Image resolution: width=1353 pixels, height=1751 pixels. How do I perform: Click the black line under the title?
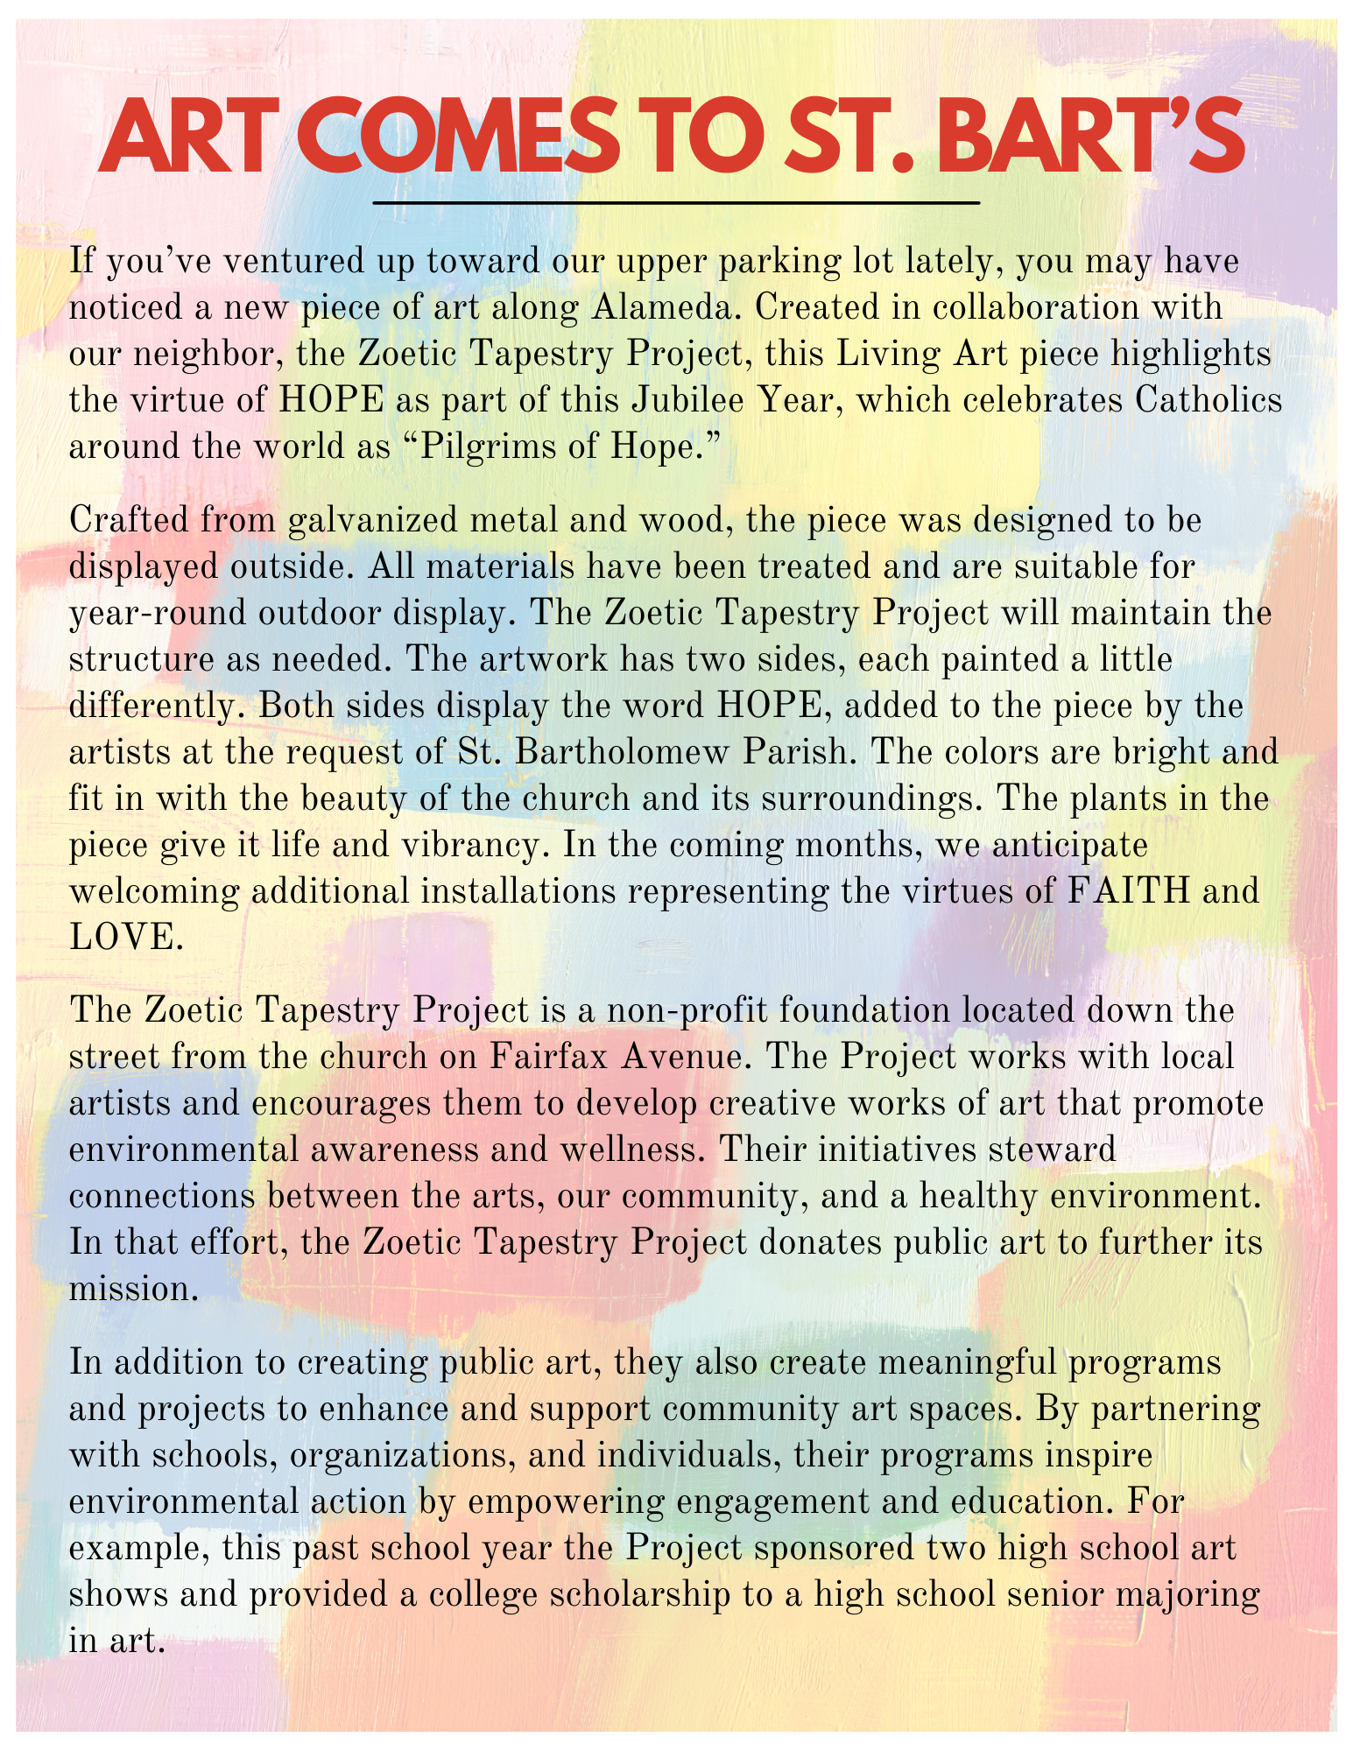tap(675, 203)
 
